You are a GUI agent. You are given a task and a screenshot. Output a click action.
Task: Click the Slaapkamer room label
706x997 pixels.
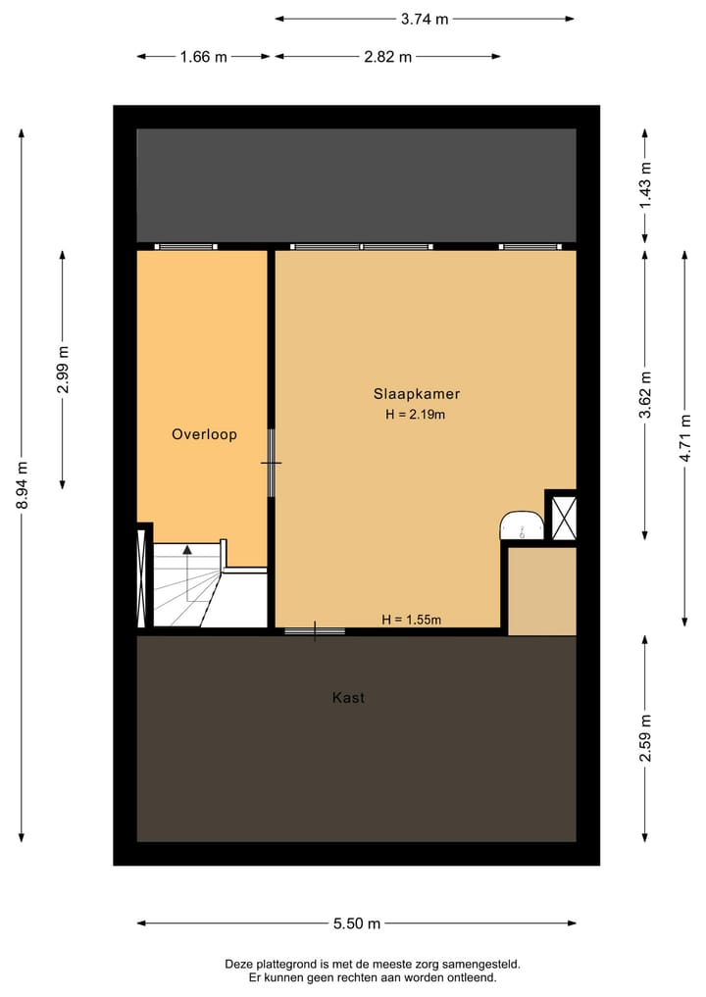coord(416,394)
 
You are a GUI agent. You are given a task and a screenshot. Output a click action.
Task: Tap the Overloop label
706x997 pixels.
coord(204,434)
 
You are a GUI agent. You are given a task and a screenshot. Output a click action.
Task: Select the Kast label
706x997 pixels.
coord(348,698)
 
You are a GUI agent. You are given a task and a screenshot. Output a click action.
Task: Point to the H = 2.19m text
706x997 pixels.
coord(416,415)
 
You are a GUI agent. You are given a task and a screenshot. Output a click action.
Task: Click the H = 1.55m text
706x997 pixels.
coord(412,620)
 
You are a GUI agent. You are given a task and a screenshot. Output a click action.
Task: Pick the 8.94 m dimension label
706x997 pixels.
coord(22,485)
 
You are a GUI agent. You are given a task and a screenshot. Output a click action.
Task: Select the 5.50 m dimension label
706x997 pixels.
coord(356,923)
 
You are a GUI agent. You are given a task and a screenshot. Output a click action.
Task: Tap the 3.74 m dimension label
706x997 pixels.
coord(425,19)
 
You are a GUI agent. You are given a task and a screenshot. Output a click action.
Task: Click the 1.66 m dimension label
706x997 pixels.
coord(203,57)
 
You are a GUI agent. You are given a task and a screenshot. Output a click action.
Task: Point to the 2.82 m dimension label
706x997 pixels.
coord(386,57)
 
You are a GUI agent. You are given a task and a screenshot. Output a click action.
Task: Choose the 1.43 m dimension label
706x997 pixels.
coord(645,184)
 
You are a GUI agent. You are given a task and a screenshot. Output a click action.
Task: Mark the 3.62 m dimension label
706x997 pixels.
coord(645,394)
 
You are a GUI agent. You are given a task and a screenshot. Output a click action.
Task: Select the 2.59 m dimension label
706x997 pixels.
coord(645,738)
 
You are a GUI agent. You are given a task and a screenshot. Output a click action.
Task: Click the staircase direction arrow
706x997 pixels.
coord(187,550)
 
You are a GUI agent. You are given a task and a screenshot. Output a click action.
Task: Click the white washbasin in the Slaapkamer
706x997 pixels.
coord(522,525)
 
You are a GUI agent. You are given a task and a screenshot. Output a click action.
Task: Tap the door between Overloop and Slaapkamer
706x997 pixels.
coord(272,463)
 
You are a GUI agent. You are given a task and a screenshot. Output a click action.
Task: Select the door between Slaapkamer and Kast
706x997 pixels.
coord(315,631)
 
